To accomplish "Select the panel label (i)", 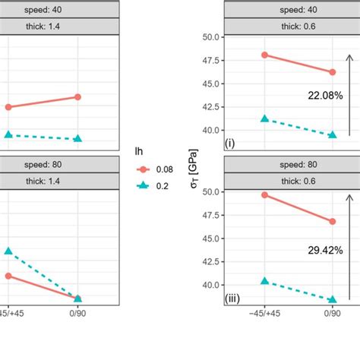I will pos(229,143).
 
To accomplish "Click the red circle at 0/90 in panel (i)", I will pos(331,72).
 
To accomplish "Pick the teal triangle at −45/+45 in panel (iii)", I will pos(264,281).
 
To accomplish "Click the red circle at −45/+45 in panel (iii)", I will pos(264,195).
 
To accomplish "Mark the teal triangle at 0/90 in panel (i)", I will pos(331,135).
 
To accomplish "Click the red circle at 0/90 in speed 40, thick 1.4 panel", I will pos(78,96).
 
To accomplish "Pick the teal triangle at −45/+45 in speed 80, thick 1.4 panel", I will pos(8,251).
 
